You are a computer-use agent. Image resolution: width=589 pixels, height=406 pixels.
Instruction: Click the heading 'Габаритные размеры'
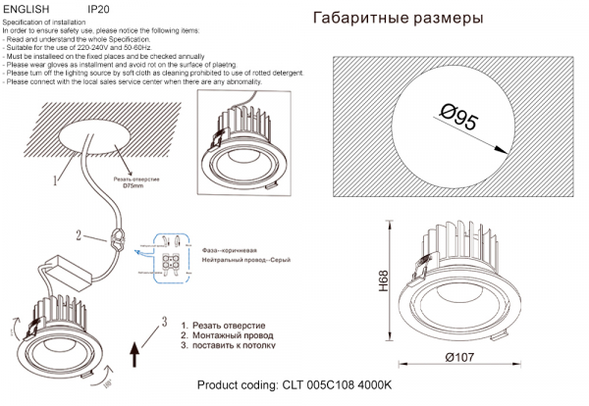(398, 19)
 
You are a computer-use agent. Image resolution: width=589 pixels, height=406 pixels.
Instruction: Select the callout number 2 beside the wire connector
(78, 234)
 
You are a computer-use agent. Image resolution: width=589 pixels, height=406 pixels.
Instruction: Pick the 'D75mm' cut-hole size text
(134, 186)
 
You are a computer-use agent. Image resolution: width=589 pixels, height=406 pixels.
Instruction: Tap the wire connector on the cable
(118, 238)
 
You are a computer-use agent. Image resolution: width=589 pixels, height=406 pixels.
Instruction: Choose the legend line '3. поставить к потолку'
(229, 345)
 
